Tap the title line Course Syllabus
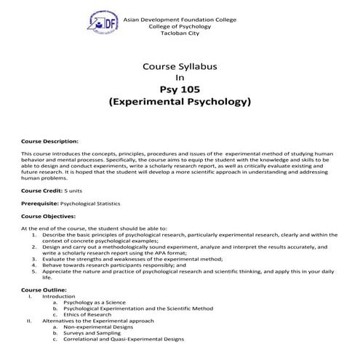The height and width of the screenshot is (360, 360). point(180,66)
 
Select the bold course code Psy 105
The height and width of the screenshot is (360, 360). point(180,90)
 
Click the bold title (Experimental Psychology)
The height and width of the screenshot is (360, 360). point(180,103)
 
